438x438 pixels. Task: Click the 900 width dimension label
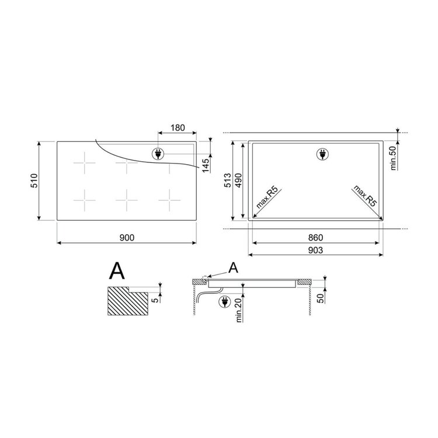pos(127,238)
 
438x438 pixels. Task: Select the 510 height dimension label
pos(34,180)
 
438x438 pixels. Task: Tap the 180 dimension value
pos(178,128)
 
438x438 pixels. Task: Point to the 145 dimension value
pos(206,165)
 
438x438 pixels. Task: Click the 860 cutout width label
pos(315,238)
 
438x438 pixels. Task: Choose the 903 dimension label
pos(315,250)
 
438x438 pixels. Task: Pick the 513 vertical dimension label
pos(228,180)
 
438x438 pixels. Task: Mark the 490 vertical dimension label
pos(238,180)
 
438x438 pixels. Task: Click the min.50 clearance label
pos(393,158)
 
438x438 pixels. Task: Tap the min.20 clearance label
pos(238,310)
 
